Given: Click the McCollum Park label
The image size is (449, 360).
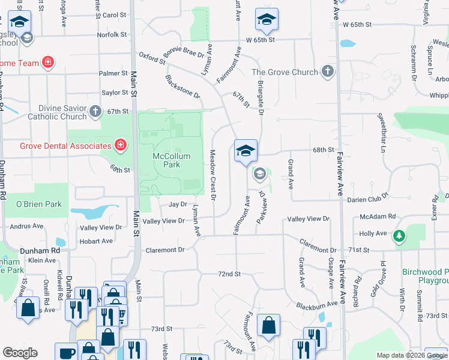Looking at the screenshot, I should click(171, 160).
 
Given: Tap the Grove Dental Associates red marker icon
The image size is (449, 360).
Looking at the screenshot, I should click(120, 145).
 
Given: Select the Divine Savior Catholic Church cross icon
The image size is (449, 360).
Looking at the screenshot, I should click(95, 111).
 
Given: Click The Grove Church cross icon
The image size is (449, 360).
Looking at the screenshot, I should click(327, 72).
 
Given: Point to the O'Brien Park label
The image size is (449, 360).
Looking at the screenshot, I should click(39, 204).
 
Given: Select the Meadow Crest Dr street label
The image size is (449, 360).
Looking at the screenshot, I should click(213, 175).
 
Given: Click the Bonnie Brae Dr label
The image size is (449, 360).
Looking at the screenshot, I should click(184, 52).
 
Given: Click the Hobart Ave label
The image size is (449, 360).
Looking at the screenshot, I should click(96, 241).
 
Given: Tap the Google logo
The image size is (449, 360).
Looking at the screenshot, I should click(20, 353).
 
